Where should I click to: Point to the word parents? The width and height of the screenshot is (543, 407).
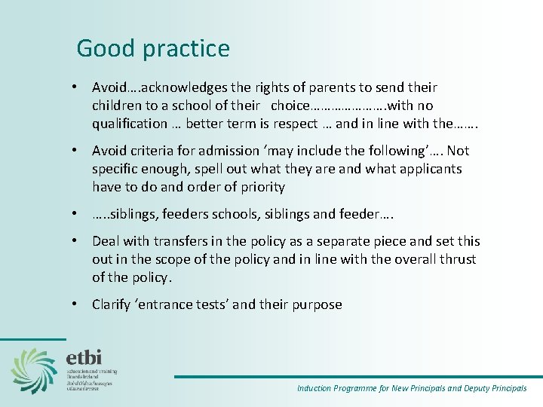click(339, 87)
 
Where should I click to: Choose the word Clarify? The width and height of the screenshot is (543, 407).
click(115, 304)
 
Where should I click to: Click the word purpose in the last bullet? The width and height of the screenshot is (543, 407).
click(316, 304)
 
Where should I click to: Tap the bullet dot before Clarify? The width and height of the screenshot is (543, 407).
click(78, 304)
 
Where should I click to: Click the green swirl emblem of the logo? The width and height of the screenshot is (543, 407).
click(33, 370)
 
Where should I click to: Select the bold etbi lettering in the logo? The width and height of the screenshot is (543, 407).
click(84, 357)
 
